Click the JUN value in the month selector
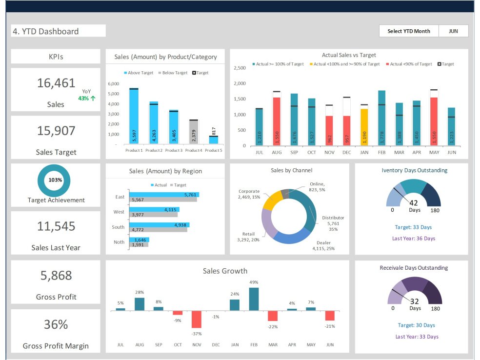coord(453,31)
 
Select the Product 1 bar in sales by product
coord(134,117)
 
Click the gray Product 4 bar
coord(193,132)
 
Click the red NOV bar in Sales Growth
coord(196,320)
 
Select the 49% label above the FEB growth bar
coord(254,282)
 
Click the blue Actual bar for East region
coord(164,195)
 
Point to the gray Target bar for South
coord(158,230)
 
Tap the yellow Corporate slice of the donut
coord(272,200)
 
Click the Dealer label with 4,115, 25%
coord(323,245)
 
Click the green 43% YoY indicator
coord(86,99)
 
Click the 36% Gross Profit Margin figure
coord(56,324)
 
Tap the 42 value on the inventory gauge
coord(414,203)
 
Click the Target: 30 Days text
coord(416,325)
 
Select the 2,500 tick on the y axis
coord(240,68)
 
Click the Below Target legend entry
coord(172,73)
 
